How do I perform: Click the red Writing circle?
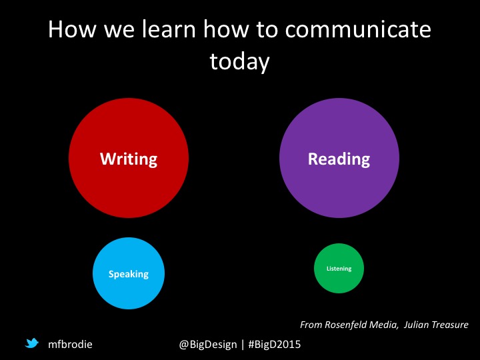[129, 158]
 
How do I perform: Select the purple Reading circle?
[339, 158]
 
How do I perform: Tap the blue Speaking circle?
[129, 273]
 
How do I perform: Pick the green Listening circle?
[339, 269]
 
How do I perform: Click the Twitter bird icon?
[32, 343]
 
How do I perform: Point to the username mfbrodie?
[70, 344]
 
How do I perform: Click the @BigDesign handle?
[208, 345]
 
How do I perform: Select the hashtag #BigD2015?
[275, 344]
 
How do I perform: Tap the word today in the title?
[240, 61]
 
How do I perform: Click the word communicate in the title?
[358, 29]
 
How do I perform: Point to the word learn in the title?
[169, 29]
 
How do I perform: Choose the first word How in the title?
[72, 29]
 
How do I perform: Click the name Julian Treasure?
[436, 325]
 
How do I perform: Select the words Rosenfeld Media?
[361, 325]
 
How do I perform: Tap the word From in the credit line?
[311, 325]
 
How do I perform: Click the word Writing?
[129, 159]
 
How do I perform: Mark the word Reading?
[339, 159]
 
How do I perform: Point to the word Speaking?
[129, 274]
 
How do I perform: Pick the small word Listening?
[339, 269]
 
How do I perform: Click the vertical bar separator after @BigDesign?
[243, 345]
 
